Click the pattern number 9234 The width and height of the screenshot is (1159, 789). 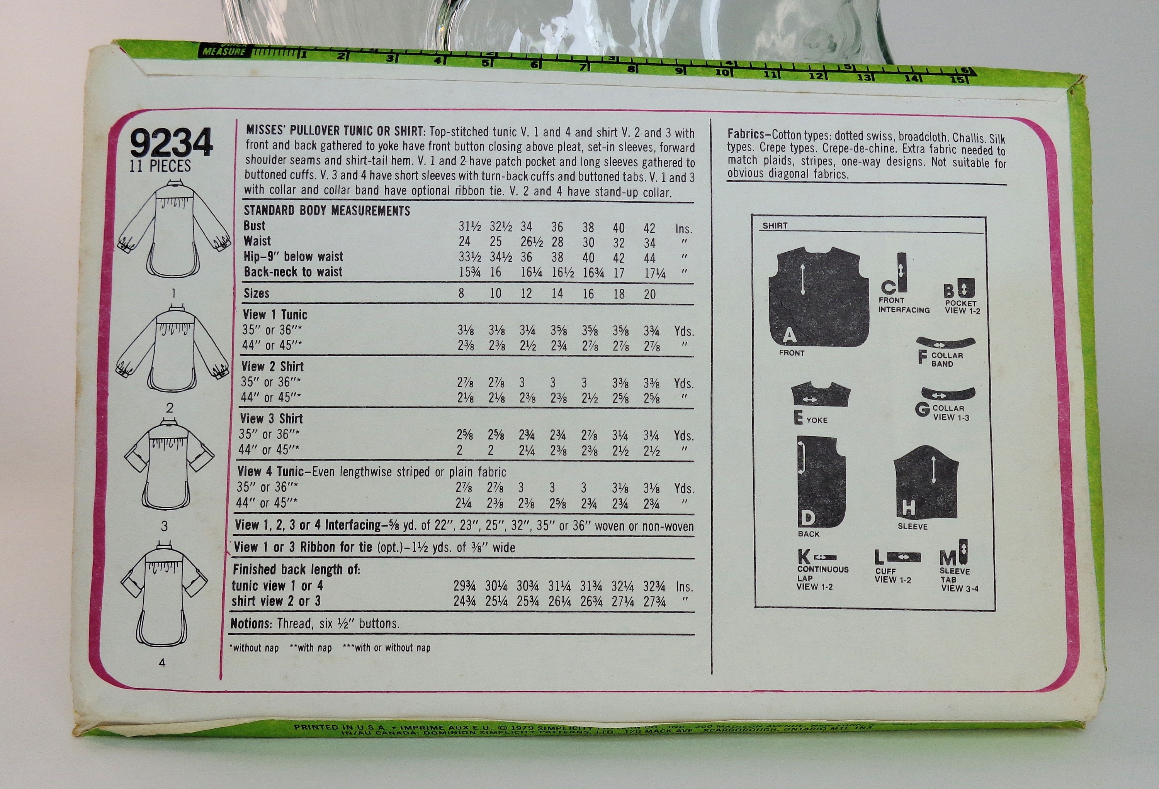click(172, 144)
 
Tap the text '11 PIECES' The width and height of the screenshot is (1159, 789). click(160, 166)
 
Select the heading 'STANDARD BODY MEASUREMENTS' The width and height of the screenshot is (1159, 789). click(327, 211)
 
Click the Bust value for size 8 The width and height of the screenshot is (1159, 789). click(470, 227)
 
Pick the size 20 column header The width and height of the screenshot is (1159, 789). click(649, 294)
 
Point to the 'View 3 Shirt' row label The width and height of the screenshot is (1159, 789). click(271, 419)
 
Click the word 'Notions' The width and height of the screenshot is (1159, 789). click(250, 623)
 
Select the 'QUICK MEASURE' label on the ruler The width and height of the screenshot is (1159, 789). click(224, 51)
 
